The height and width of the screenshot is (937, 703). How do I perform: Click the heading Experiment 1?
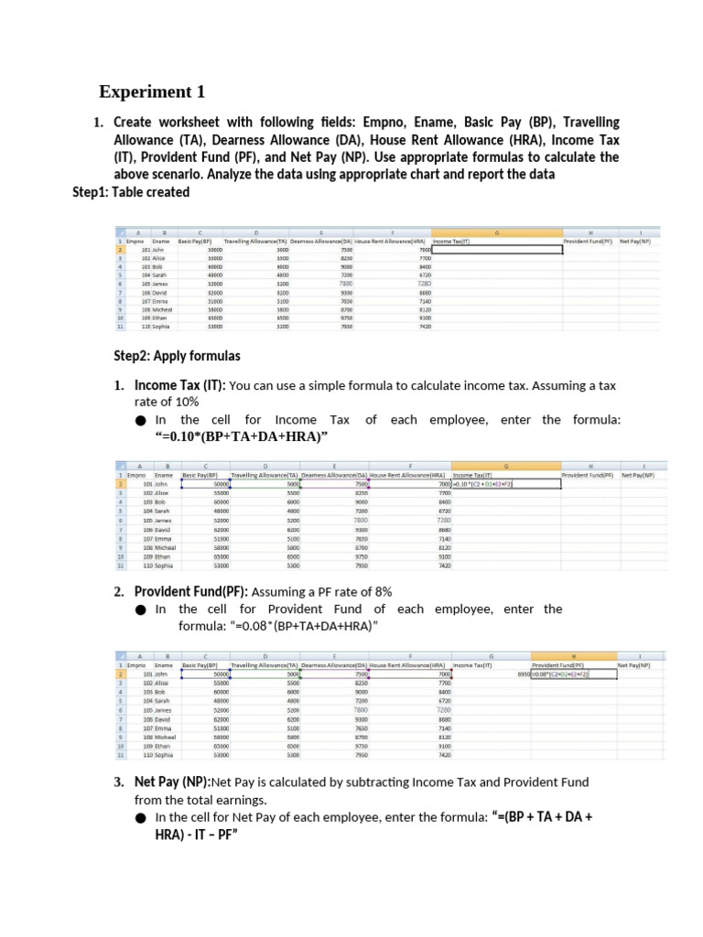click(x=152, y=92)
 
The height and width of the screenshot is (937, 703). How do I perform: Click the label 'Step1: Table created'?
click(x=131, y=192)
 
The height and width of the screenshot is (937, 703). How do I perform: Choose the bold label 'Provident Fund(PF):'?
click(x=191, y=591)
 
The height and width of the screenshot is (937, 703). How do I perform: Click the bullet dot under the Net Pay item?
click(x=140, y=817)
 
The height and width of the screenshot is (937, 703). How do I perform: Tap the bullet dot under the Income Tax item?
click(x=140, y=421)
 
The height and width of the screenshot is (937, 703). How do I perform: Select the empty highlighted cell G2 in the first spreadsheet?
click(x=495, y=249)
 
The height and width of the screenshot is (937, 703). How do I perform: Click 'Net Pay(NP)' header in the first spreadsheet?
click(x=634, y=241)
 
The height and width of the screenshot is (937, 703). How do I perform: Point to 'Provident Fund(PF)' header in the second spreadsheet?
click(x=587, y=476)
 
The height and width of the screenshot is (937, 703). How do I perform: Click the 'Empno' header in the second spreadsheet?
click(x=135, y=476)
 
